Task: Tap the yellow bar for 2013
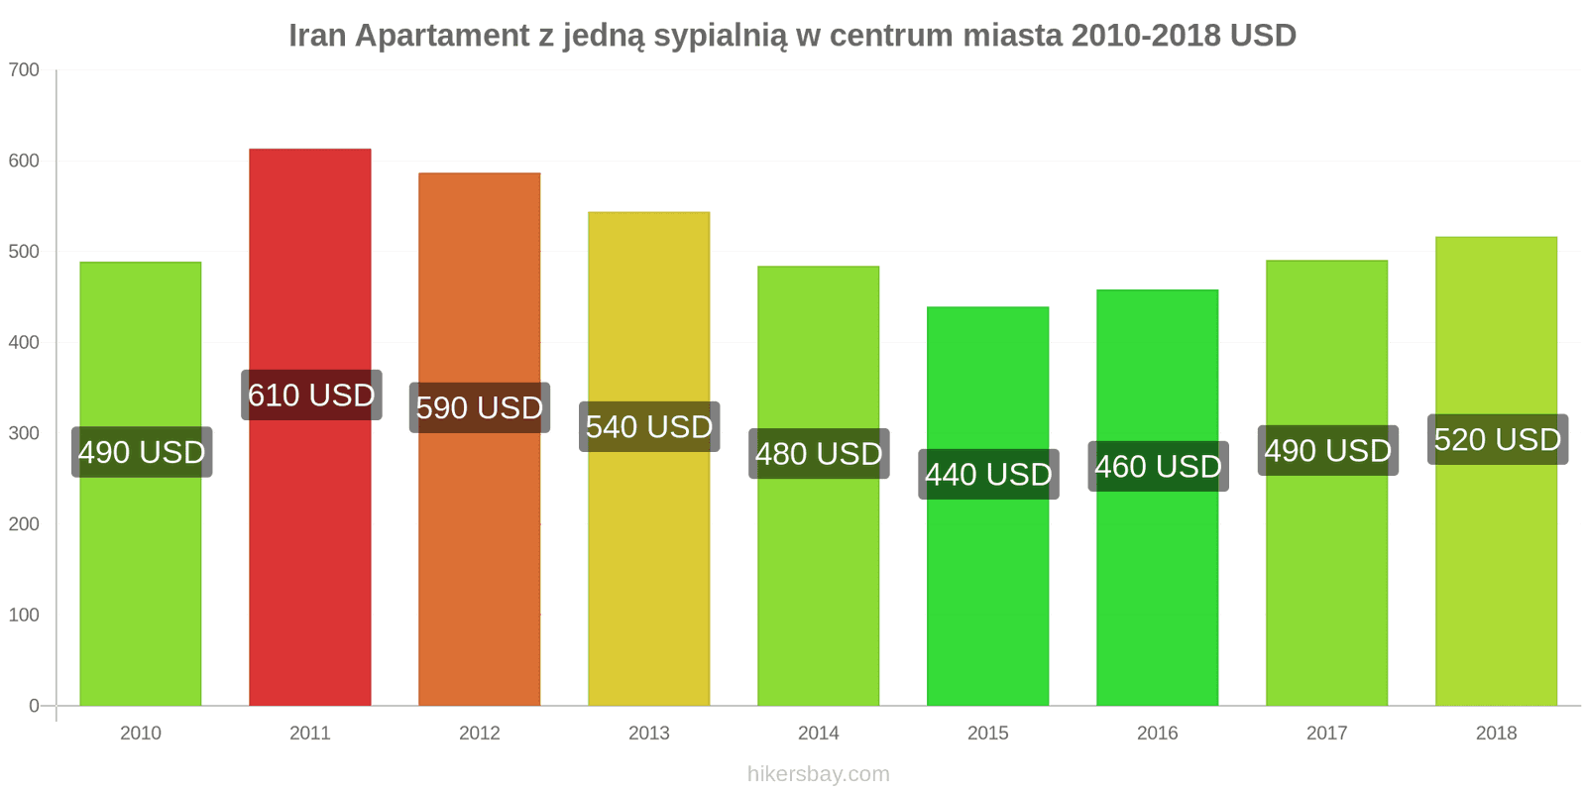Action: tap(649, 575)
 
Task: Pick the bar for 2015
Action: tap(988, 595)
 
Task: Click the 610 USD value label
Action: tap(311, 396)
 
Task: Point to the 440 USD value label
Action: tap(988, 475)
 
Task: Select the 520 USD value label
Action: tap(1497, 439)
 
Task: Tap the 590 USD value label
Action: tap(480, 407)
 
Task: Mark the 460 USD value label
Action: tap(1158, 466)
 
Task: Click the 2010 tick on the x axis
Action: tap(141, 734)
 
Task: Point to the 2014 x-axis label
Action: tap(819, 734)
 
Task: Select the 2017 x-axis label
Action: tap(1326, 734)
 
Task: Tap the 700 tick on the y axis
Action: tap(24, 70)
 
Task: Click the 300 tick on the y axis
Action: tap(24, 433)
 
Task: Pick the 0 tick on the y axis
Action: tap(34, 706)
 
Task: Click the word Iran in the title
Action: tap(317, 36)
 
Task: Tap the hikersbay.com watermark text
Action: tap(819, 774)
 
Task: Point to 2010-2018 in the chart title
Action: tap(1146, 36)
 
